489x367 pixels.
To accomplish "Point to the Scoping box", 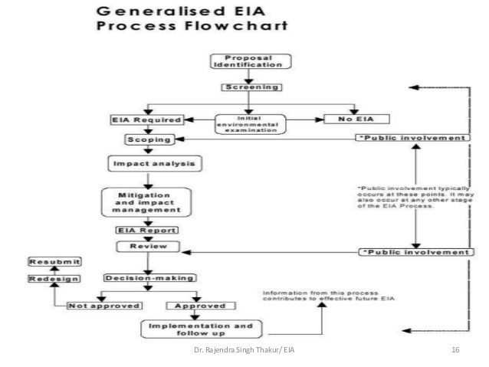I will click(x=150, y=139).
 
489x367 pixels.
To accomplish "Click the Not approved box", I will click(x=105, y=305).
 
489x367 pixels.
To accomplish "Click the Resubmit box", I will click(x=49, y=261).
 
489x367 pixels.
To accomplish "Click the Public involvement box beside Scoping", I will click(x=412, y=138).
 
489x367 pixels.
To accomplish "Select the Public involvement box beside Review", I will click(x=414, y=251).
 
